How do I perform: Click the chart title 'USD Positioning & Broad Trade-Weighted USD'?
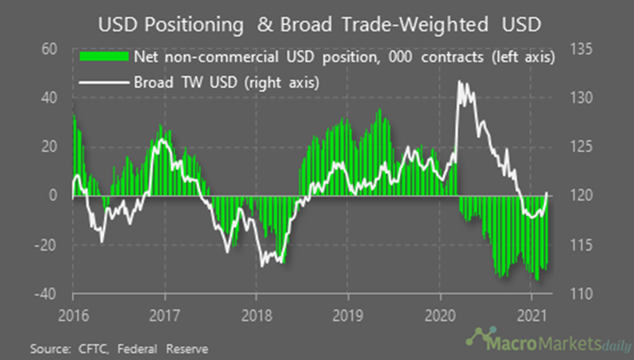(x=316, y=21)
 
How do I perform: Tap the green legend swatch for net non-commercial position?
(x=103, y=58)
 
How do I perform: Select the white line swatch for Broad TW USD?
(x=103, y=84)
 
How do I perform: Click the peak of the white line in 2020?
(x=461, y=81)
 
